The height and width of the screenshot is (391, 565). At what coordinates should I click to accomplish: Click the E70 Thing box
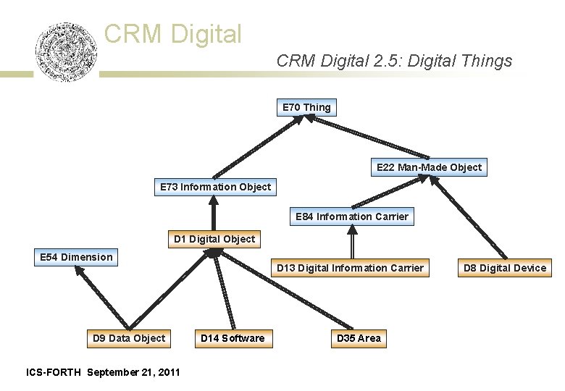point(306,108)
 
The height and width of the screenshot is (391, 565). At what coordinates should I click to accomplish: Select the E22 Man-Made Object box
point(429,167)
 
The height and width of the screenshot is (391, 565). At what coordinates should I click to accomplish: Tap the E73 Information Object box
point(215,188)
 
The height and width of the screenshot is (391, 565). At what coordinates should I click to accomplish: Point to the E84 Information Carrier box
point(352,216)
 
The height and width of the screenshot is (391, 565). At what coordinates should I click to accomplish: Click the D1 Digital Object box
point(214,239)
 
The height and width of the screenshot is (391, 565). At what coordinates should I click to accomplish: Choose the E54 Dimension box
point(75,257)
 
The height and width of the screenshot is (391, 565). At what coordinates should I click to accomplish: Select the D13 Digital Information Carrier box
point(350,268)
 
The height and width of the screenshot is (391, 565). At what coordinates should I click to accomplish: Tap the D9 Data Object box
point(129,338)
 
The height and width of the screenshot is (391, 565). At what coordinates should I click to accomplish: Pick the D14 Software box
point(233,338)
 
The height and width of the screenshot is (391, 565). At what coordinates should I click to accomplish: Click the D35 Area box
point(358,338)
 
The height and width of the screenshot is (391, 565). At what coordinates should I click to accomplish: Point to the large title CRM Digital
point(172,33)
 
